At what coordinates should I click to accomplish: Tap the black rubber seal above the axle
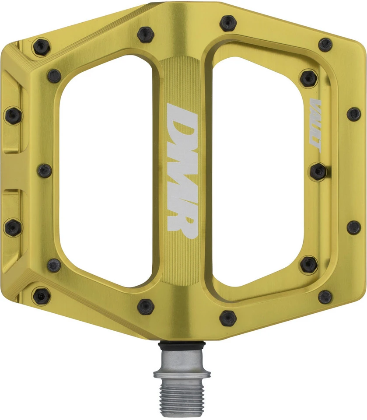[182, 346]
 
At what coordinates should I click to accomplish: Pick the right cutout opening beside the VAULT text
[258, 171]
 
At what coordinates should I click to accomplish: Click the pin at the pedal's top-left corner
[42, 45]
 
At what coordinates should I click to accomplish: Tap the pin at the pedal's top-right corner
[325, 44]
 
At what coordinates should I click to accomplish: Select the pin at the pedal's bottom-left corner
[42, 296]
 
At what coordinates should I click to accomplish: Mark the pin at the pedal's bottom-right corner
[325, 297]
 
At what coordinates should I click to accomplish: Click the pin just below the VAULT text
[318, 171]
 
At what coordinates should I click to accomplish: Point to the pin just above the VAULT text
[309, 78]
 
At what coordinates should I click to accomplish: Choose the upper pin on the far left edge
[13, 115]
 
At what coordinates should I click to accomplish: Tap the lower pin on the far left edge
[13, 227]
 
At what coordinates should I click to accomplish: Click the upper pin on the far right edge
[353, 114]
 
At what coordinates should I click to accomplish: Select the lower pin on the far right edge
[353, 227]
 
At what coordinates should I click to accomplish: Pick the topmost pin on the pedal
[228, 23]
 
